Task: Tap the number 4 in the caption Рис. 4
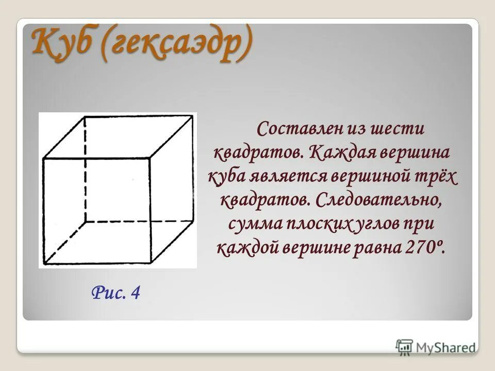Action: (x=136, y=293)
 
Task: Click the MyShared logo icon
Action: (x=405, y=347)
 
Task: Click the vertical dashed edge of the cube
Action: (x=85, y=170)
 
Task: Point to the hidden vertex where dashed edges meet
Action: (x=85, y=222)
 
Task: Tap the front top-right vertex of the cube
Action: (x=150, y=158)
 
